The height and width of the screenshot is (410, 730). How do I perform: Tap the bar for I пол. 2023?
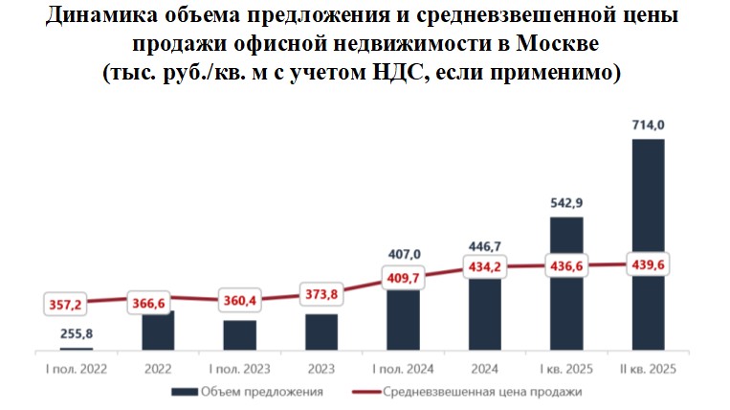[x=239, y=334]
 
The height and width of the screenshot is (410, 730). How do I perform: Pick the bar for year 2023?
[x=321, y=330]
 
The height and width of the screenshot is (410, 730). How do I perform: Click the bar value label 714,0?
[x=649, y=125]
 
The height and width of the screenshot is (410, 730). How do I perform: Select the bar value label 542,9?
[x=566, y=202]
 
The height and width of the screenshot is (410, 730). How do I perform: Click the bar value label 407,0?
[x=403, y=255]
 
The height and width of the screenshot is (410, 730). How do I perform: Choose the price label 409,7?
[x=403, y=280]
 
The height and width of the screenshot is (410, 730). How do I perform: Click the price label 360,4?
[x=239, y=301]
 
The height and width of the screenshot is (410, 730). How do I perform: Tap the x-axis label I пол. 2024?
[x=403, y=368]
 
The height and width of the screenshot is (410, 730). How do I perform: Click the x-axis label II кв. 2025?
[x=649, y=368]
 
